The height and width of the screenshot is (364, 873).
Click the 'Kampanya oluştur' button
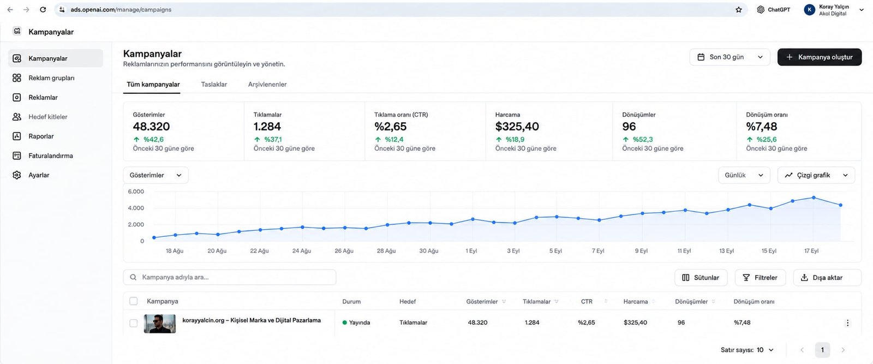tap(819, 57)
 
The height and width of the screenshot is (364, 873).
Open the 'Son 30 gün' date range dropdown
tap(730, 57)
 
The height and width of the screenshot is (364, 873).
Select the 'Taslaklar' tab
tap(214, 84)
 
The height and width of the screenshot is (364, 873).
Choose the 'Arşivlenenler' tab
tap(267, 84)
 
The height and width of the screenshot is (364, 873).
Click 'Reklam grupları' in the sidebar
tap(51, 78)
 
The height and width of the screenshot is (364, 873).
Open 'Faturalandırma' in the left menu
tap(51, 156)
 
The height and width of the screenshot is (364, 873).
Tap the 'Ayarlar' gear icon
tap(17, 175)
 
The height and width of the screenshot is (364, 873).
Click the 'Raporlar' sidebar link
tap(41, 136)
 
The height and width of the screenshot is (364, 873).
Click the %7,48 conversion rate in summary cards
tap(761, 126)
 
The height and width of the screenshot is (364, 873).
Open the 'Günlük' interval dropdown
tap(744, 175)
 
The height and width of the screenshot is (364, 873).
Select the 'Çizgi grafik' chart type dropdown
tap(816, 175)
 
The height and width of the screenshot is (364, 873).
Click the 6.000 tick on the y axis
tap(136, 192)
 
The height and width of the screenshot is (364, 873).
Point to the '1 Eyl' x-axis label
tap(471, 250)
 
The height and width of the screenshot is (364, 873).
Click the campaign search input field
tap(230, 277)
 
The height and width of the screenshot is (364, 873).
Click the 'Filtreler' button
tap(760, 277)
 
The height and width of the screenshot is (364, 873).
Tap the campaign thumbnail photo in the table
tap(160, 324)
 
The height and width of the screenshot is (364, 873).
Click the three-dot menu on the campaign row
tap(847, 323)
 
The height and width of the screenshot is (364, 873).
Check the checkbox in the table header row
tap(133, 301)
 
